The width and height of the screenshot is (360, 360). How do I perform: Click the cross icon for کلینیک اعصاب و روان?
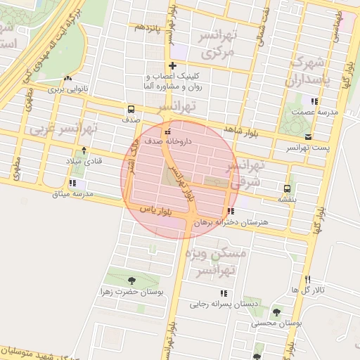click(x=172, y=66)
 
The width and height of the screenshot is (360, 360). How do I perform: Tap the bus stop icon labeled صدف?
click(x=131, y=110)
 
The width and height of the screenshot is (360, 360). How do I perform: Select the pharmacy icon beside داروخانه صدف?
click(x=167, y=131)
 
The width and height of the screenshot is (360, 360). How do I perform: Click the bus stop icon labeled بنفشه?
click(x=287, y=188)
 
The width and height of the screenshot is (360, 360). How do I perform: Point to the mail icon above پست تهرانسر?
click(x=309, y=136)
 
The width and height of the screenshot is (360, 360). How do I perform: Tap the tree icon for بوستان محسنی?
click(x=276, y=312)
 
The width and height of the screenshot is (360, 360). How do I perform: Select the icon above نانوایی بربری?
click(x=68, y=79)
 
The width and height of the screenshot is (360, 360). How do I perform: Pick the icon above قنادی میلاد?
click(x=84, y=150)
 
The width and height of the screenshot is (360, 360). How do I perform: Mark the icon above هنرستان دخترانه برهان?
click(x=231, y=211)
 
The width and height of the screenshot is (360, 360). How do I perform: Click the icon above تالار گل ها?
click(x=307, y=279)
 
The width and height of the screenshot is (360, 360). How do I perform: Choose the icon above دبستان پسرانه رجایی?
click(x=224, y=293)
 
